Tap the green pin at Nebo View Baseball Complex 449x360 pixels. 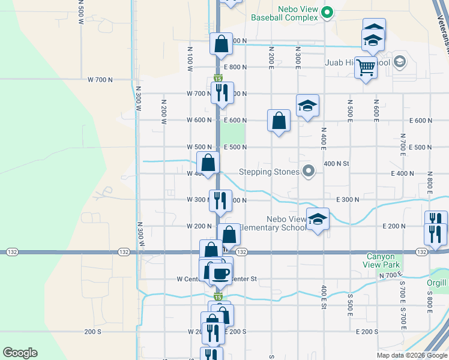coord(327,12)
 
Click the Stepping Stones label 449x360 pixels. coord(269,172)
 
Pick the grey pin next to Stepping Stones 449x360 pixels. coord(309,172)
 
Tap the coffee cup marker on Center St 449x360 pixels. coord(220,272)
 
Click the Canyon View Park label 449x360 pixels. coord(383,260)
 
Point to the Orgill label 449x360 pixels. coord(438,283)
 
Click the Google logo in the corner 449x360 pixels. coord(20,353)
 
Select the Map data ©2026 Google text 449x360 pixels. coord(411,355)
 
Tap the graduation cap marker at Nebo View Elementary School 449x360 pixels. coord(318,219)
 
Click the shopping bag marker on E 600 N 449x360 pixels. coord(279,121)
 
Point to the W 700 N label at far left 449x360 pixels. coord(100,80)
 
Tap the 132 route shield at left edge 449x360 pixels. coord(12,252)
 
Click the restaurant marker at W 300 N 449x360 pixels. coord(220,200)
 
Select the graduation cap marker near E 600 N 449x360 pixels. coord(307,106)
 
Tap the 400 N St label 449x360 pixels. coord(336,163)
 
